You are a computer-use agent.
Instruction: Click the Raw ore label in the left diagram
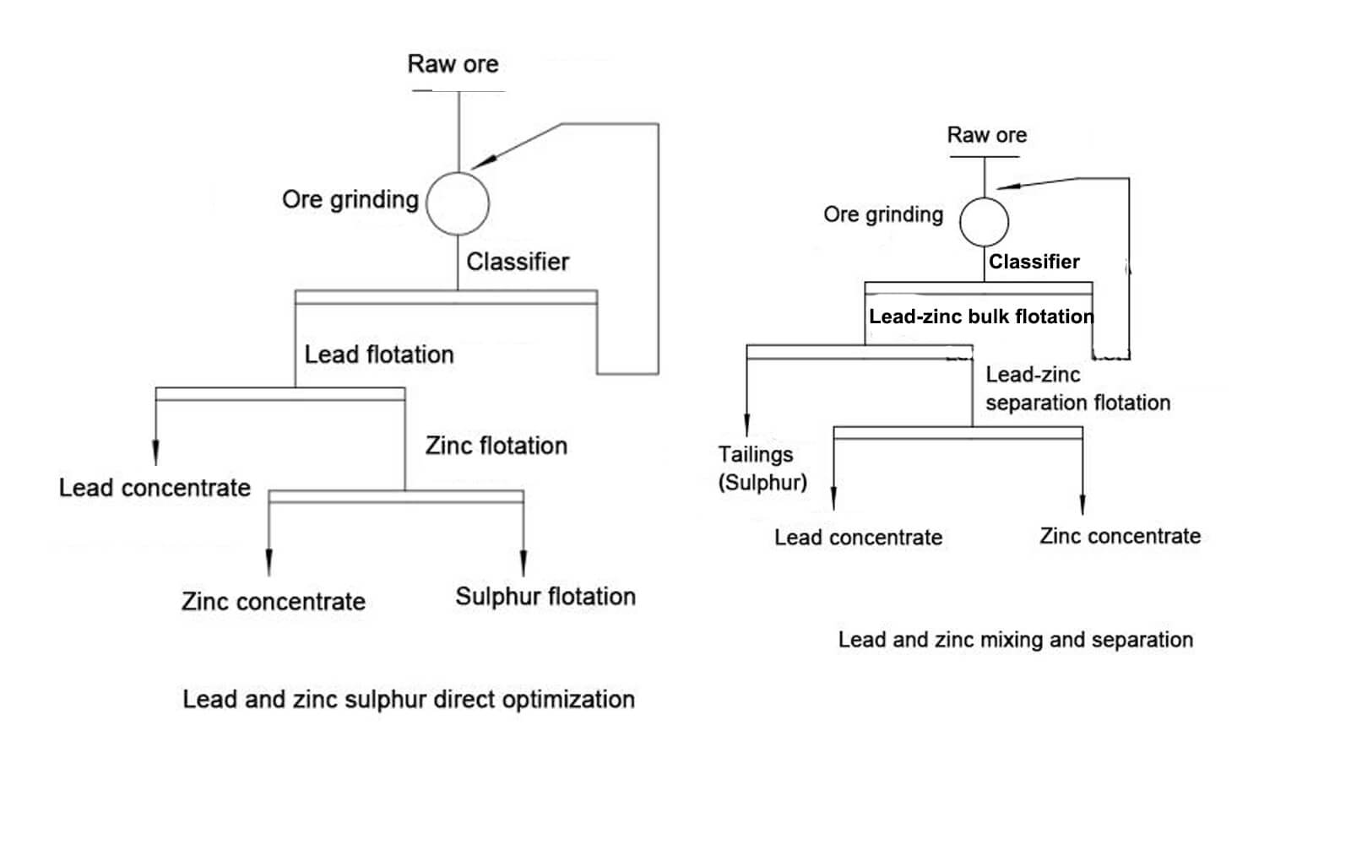point(453,64)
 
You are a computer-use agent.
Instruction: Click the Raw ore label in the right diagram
point(986,135)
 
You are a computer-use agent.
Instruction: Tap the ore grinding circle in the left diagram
point(458,203)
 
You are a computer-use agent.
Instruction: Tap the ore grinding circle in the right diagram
point(984,222)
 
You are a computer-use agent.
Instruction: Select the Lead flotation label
point(379,354)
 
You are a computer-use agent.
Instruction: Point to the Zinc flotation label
point(496,446)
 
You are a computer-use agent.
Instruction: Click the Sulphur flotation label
point(545,597)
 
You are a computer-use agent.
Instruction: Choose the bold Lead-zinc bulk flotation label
point(981,316)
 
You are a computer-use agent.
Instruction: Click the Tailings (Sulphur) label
point(762,468)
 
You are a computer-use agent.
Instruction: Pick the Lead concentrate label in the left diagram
point(155,488)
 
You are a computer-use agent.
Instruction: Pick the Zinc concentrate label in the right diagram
point(1120,536)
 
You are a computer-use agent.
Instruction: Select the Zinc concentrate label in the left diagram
point(274,602)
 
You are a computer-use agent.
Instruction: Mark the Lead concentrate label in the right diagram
point(858,538)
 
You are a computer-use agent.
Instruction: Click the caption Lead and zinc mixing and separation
point(1015,640)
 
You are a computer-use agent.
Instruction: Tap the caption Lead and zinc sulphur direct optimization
point(409,700)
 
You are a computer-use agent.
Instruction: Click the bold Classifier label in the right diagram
point(1034,262)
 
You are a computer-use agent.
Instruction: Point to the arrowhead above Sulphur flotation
point(524,564)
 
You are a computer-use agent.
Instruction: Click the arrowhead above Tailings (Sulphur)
point(746,425)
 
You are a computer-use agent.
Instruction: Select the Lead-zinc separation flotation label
point(1077,388)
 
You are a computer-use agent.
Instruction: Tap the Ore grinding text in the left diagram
point(350,200)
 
